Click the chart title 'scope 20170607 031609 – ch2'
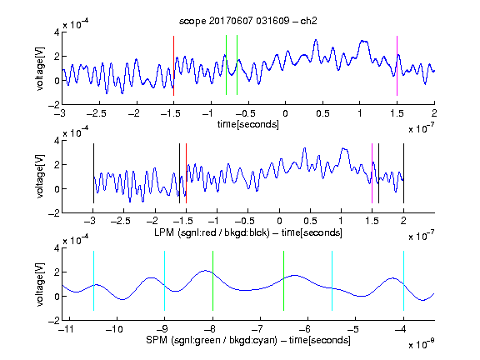(248, 21)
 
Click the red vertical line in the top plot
(173, 66)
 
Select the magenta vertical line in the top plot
(397, 66)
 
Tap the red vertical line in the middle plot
(186, 173)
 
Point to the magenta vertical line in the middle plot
(372, 173)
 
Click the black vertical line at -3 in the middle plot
(93, 173)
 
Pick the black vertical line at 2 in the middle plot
(403, 173)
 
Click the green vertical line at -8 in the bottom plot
(212, 281)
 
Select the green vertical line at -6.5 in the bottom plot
(284, 281)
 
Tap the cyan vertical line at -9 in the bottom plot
(164, 281)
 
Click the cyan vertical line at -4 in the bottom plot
(403, 281)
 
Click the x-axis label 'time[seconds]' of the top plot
(248, 124)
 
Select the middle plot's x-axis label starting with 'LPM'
(248, 232)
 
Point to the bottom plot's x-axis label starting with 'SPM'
(248, 340)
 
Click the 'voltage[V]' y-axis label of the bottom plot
(40, 284)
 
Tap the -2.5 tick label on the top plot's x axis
(96, 113)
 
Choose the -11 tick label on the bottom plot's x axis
(66, 329)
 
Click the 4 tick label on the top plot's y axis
(57, 32)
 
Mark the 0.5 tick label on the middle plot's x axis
(310, 221)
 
